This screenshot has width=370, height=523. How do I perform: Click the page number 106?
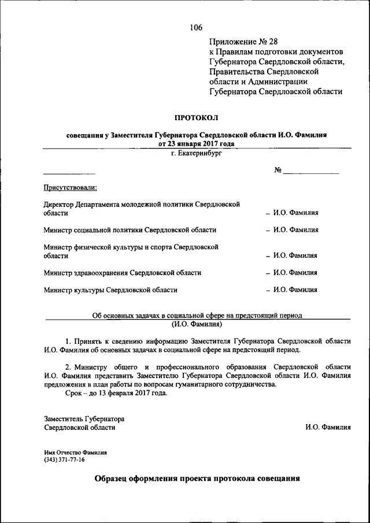[x=195, y=27]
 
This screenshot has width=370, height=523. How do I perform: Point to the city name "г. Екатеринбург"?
[x=196, y=154]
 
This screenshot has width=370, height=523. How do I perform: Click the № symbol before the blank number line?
[x=277, y=170]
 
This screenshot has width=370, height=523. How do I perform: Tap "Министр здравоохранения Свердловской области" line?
[x=123, y=272]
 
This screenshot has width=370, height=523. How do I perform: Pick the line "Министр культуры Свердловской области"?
[x=110, y=290]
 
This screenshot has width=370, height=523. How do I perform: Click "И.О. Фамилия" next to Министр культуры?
[x=295, y=290]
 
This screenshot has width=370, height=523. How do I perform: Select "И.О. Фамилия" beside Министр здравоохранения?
[x=295, y=272]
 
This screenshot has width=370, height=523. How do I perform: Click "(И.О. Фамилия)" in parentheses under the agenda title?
[x=197, y=324]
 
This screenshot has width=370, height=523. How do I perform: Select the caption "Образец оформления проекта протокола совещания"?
[x=197, y=479]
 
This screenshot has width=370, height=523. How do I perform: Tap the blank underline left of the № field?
[x=69, y=173]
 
